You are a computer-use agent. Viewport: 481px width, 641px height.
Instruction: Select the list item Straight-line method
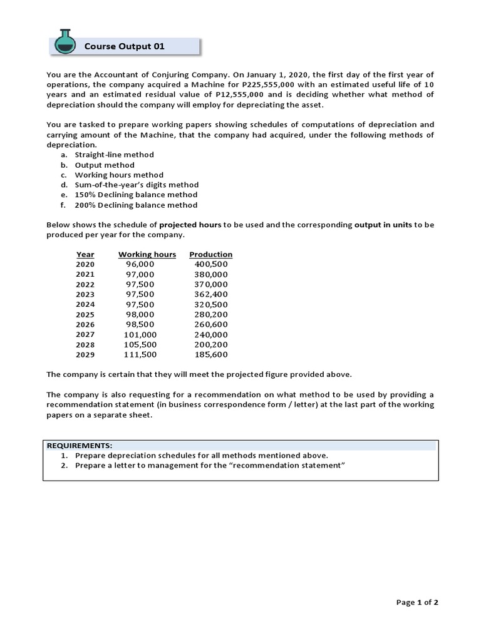114,155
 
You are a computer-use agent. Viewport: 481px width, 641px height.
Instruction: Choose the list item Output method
105,165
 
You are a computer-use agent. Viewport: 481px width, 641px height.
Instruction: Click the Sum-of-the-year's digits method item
137,185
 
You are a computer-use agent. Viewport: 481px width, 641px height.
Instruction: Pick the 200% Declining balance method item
136,205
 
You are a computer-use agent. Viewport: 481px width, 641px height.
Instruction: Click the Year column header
85,254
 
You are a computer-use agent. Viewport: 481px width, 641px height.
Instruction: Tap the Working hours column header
147,254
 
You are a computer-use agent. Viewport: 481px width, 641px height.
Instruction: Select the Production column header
210,254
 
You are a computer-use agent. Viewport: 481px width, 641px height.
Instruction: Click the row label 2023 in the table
85,294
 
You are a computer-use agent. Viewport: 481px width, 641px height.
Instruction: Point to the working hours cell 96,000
140,264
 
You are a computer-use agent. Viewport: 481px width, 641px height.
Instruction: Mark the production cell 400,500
212,264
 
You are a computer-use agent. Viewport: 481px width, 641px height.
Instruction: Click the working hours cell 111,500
140,354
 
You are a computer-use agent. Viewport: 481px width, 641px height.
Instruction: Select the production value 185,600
212,354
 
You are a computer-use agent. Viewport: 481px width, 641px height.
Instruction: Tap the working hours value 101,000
140,334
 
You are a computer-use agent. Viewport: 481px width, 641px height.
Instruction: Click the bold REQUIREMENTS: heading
80,445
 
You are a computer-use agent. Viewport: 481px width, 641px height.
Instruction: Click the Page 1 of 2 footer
417,602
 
